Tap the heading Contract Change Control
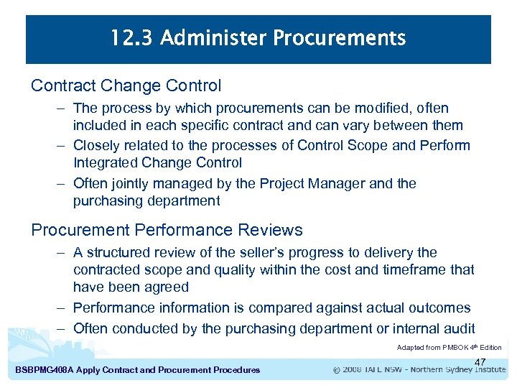tap(126, 86)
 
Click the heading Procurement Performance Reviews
tap(167, 230)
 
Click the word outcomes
tap(436, 308)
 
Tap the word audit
tap(457, 329)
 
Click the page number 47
tap(480, 362)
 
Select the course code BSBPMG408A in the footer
tap(47, 370)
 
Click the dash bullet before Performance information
tap(62, 308)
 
